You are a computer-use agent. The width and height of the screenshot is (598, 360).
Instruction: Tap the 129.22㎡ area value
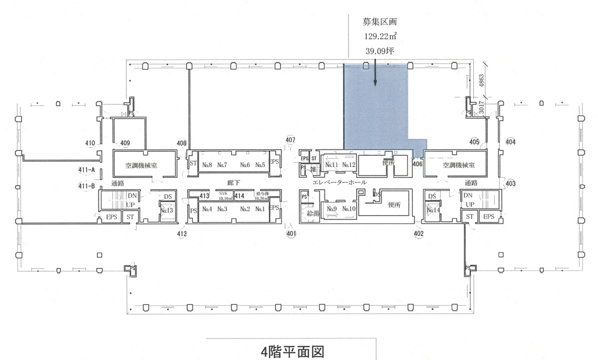(x=380, y=36)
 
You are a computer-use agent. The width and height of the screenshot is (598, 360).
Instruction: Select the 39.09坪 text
(x=380, y=50)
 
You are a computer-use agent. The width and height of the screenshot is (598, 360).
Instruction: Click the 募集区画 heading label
(x=380, y=22)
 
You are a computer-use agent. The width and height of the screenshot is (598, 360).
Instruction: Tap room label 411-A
(x=86, y=170)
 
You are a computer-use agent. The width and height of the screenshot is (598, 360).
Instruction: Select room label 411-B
(x=86, y=186)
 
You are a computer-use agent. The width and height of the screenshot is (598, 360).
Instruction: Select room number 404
(x=510, y=142)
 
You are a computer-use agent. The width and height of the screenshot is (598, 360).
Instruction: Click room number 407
(x=291, y=139)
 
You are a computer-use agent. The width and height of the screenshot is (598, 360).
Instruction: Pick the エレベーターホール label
(x=339, y=183)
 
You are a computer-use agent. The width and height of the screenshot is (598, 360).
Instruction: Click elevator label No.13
(x=167, y=211)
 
